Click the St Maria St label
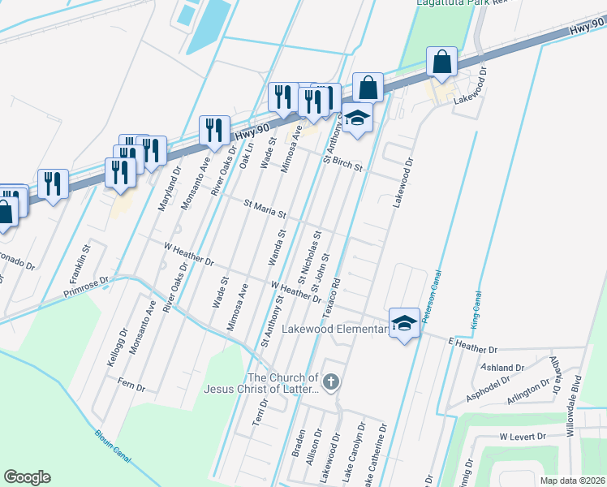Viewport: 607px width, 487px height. [260, 210]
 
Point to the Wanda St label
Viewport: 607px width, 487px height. [276, 248]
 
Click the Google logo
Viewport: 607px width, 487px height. [27, 477]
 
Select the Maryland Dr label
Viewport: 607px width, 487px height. [167, 189]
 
